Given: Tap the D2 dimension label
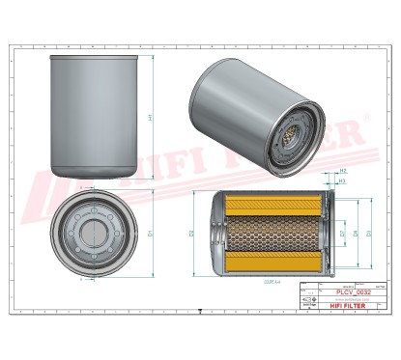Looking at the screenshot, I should tap(193, 235).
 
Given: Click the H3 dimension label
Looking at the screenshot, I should tap(341, 180).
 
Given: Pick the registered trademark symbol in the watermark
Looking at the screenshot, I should tap(364, 123).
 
